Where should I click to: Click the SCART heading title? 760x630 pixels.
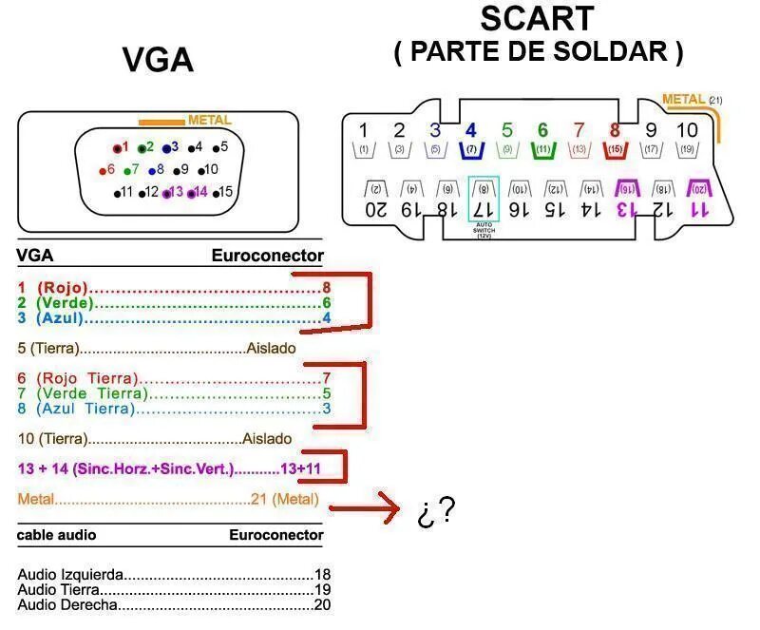(537, 18)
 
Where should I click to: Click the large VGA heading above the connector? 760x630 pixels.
(158, 61)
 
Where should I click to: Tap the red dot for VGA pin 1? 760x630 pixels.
(118, 148)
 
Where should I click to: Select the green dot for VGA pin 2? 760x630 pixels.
(142, 148)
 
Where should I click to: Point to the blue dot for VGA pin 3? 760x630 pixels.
(166, 148)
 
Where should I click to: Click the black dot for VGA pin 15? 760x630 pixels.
(217, 193)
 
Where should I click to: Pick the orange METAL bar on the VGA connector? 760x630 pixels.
(161, 122)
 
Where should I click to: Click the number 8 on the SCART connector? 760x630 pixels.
(615, 130)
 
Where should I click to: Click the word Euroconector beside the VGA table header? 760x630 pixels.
(267, 256)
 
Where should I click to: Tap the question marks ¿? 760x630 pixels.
(434, 513)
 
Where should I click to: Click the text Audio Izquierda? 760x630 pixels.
(71, 576)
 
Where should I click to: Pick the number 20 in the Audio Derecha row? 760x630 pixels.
(322, 604)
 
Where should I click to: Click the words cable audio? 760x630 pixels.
(56, 535)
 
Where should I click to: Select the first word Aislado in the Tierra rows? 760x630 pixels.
(271, 348)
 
